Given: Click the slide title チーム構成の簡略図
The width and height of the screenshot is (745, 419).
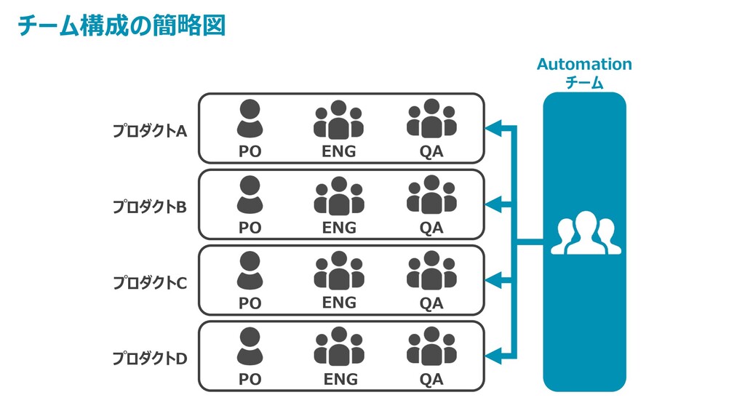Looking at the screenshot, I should pos(121,25).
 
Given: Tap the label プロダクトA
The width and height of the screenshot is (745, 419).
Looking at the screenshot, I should pos(149,131).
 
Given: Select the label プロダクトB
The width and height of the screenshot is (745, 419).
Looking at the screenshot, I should pos(149,207).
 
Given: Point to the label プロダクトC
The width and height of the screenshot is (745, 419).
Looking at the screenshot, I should pos(149,282).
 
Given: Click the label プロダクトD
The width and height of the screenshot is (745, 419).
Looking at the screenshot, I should pos(149,358).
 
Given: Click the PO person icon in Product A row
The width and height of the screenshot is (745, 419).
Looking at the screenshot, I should pos(250,119).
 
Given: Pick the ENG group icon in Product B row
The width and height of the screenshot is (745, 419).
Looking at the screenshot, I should pos(338,196).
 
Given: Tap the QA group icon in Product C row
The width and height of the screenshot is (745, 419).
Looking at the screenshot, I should pos(431,271).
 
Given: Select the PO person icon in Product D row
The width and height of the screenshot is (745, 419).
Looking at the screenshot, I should pos(250,346).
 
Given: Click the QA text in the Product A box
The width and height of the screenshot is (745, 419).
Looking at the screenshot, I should pos(431,151).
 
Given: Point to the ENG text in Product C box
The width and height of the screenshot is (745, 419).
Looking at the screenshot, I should pos(339,302).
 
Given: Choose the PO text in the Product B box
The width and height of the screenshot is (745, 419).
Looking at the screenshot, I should pos(250,228).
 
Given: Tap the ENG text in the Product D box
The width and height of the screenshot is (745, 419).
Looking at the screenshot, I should pos(340,379).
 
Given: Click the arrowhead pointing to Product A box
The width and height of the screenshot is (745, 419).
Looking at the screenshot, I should pos(495,129).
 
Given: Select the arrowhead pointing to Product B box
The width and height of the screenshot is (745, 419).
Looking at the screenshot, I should pos(495,204).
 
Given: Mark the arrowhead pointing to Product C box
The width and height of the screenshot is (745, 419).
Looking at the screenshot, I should pos(495,280).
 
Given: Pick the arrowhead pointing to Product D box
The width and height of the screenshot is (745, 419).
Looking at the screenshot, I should pos(495,356).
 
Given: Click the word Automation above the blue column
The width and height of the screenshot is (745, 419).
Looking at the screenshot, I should pos(584,64).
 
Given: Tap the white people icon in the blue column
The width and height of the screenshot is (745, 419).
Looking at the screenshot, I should pos(585,234).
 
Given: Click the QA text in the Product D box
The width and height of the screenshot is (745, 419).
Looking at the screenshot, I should pos(431,379).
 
